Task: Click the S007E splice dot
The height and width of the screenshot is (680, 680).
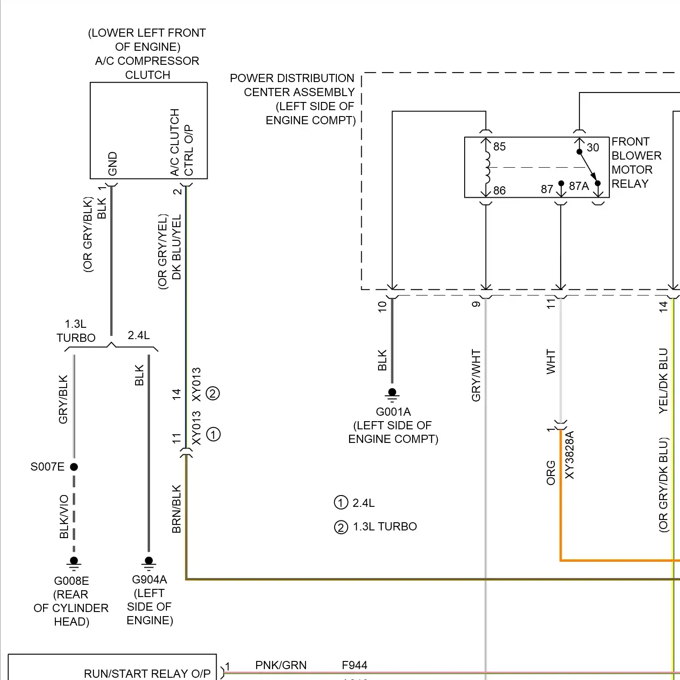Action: [x=74, y=466]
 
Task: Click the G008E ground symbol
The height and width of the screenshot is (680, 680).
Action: [x=74, y=563]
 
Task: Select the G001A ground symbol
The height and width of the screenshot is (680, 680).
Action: [x=392, y=394]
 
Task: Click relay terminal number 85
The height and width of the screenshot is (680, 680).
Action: [x=500, y=146]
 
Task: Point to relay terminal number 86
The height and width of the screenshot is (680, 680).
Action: [x=500, y=190]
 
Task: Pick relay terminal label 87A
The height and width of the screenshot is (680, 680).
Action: [x=579, y=186]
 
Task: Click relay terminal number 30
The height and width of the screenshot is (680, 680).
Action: [x=593, y=147]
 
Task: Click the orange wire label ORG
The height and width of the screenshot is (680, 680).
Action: [x=551, y=473]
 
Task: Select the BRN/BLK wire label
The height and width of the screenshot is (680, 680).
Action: [x=176, y=509]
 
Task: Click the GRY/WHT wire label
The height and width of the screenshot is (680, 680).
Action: [x=476, y=375]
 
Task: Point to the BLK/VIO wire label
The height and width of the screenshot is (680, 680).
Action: [x=64, y=516]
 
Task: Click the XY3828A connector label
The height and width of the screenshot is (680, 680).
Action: [x=570, y=455]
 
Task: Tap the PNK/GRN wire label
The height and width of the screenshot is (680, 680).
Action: [x=281, y=665]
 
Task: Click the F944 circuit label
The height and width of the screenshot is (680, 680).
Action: [x=355, y=665]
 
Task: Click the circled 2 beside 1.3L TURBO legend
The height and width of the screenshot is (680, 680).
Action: [x=340, y=527]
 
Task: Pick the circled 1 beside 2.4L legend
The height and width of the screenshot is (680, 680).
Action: [x=340, y=503]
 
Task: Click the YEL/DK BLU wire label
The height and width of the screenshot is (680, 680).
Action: [x=663, y=380]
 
